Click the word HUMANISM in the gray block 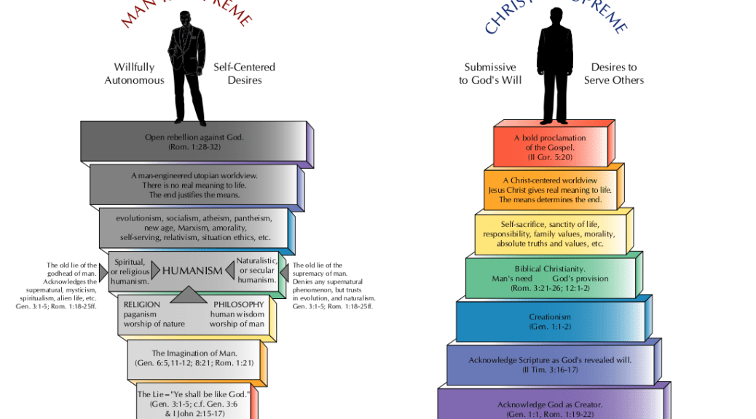(x=192, y=271)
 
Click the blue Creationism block (x=550, y=322)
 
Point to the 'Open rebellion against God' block (x=194, y=141)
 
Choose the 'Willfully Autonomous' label (x=134, y=73)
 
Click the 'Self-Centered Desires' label (x=244, y=73)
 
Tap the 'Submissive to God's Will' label (x=490, y=73)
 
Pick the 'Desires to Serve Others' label (x=613, y=73)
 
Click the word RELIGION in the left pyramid (x=141, y=304)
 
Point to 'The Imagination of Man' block (x=193, y=358)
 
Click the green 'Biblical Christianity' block (x=550, y=279)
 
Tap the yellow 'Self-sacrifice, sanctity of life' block (x=550, y=234)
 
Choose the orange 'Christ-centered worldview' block (x=550, y=190)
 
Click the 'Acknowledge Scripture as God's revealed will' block (x=550, y=364)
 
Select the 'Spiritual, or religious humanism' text (x=130, y=271)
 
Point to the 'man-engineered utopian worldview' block (x=194, y=185)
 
